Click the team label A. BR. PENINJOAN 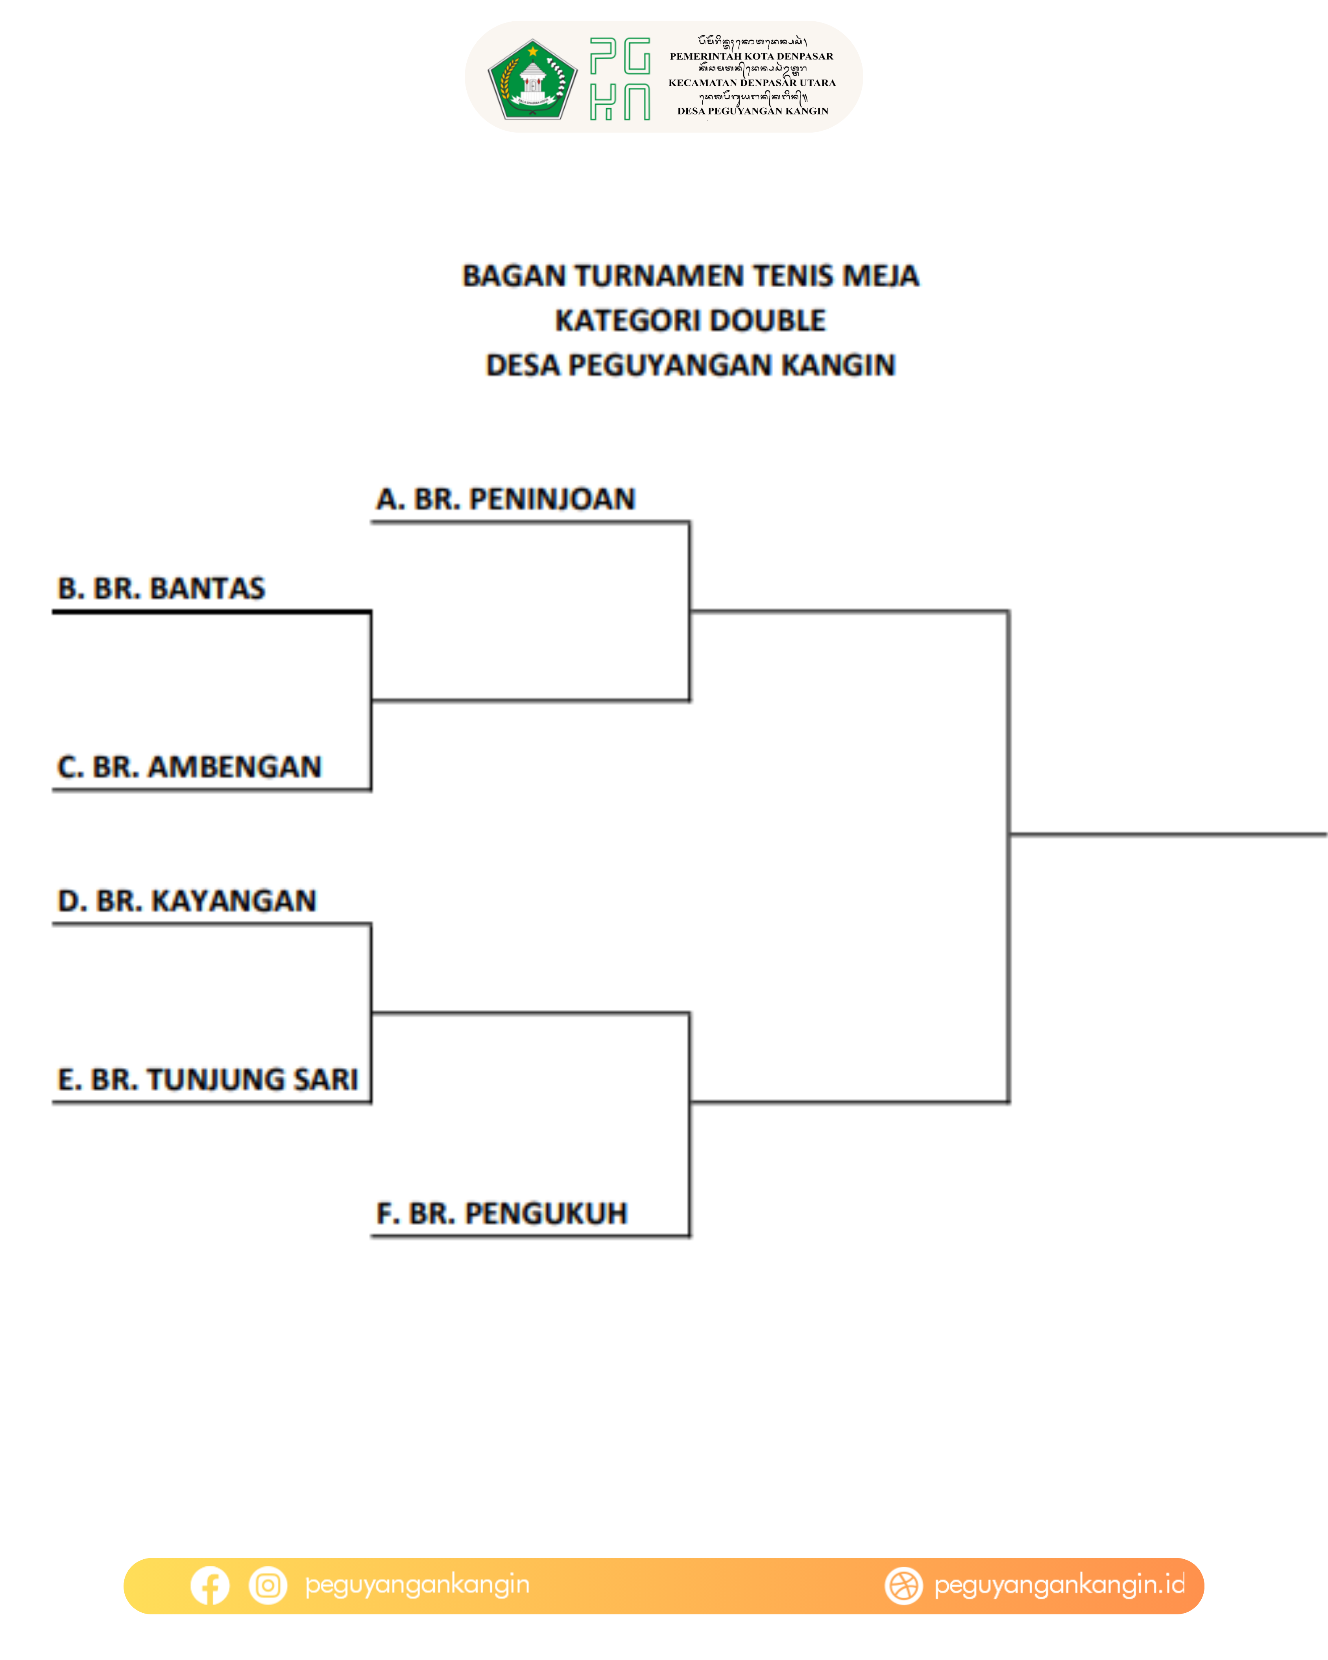(505, 499)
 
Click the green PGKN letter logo (620, 79)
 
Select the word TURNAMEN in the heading (659, 276)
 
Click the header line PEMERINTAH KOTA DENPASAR (752, 56)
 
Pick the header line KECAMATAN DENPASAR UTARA (752, 83)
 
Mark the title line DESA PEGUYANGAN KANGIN (691, 365)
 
